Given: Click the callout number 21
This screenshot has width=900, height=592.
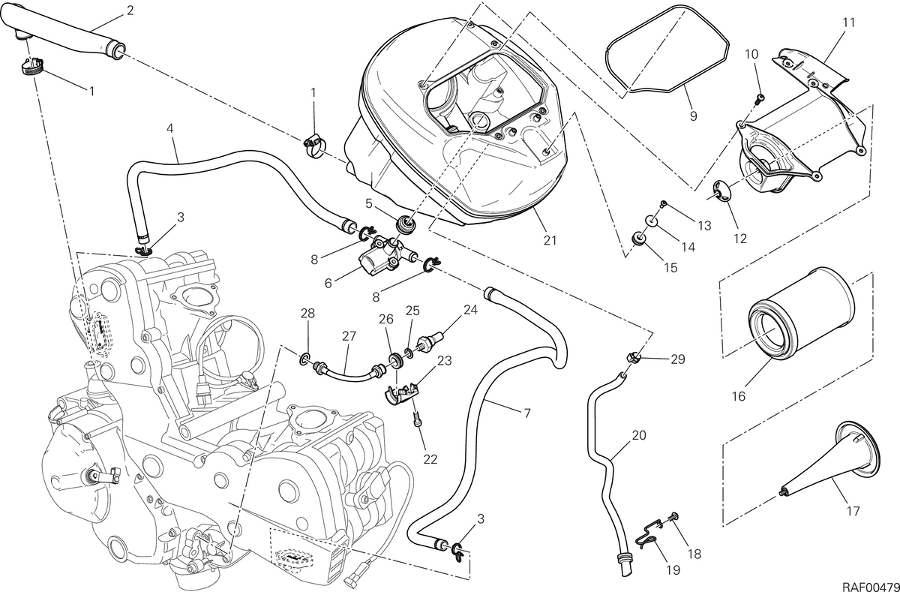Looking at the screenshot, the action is pos(550,240).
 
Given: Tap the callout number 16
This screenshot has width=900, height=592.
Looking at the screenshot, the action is pos(739,396).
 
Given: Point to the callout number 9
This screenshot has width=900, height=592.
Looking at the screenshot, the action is pos(693,116).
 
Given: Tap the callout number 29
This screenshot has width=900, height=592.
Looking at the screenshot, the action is pos(678,359).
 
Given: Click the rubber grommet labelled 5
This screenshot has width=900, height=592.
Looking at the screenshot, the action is pos(406,224).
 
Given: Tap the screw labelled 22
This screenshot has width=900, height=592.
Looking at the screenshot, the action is pos(417,420).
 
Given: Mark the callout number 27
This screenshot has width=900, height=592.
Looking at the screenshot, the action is pos(349,336).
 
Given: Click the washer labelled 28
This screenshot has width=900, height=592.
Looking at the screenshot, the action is pos(304,357).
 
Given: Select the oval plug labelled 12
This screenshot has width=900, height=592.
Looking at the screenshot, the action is pos(721,192).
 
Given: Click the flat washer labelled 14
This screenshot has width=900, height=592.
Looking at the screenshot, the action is pos(651,221).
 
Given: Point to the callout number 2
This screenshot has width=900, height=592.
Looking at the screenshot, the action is pos(129,11).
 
